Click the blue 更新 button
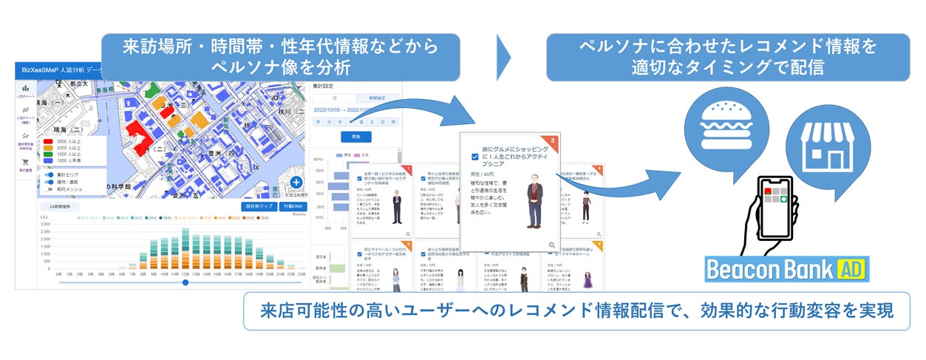pos(355,137)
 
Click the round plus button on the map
pos(296,182)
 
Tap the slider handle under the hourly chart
pos(185,282)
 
